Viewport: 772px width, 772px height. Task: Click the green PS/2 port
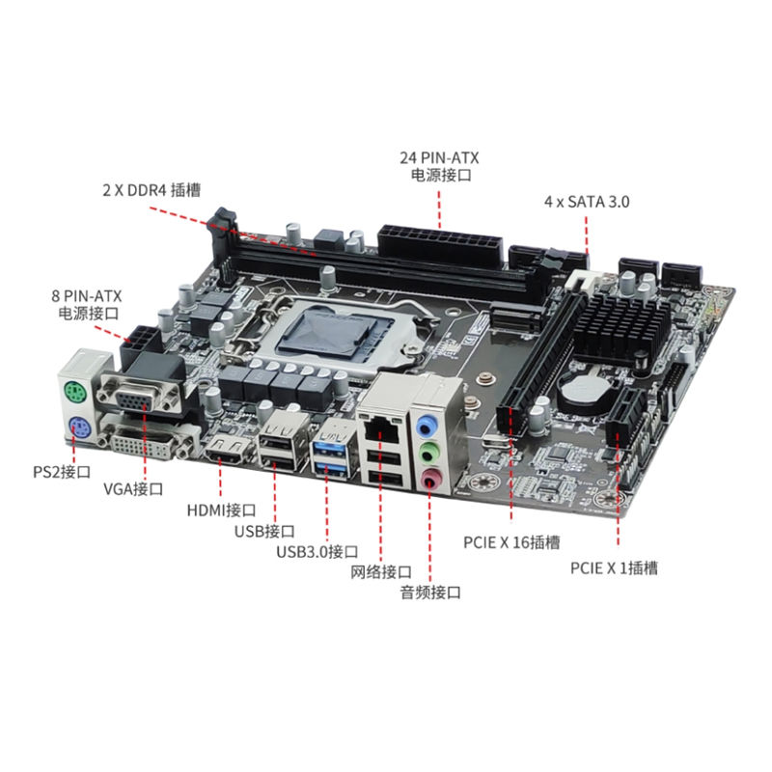[75, 393]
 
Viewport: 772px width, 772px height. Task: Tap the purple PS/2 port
[78, 427]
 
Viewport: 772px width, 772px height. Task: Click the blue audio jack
[427, 426]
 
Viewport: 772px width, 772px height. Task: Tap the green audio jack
[428, 453]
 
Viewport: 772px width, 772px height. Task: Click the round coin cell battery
[585, 387]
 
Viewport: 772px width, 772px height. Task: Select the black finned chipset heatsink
[621, 327]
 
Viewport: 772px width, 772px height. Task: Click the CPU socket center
[336, 331]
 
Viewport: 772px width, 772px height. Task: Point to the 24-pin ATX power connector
[441, 245]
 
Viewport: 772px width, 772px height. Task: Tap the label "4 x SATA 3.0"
[587, 202]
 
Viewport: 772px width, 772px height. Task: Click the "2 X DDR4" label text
[135, 190]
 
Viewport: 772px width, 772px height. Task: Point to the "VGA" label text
[118, 489]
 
